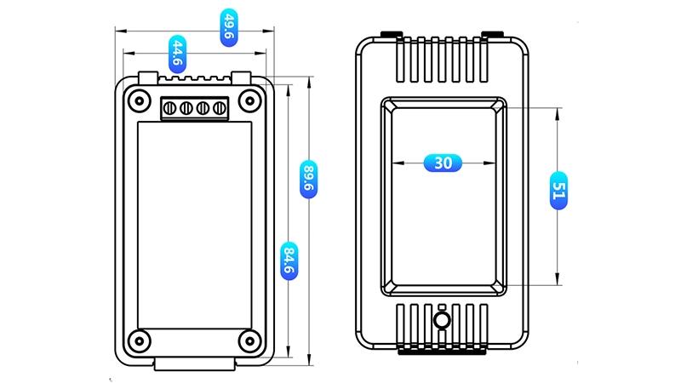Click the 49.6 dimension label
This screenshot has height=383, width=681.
coord(229,27)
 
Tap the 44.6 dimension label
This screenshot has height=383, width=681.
coord(177,54)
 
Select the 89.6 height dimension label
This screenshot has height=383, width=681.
coord(308,180)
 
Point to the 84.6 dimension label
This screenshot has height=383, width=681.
coord(289,260)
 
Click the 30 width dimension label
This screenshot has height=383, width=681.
coord(443,163)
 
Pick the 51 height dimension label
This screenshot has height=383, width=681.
coord(558,191)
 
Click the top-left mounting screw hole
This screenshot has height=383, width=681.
coord(140,101)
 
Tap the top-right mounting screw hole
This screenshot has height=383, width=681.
coord(249,101)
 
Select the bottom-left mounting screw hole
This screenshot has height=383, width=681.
coord(140,340)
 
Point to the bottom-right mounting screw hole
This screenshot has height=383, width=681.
coord(249,340)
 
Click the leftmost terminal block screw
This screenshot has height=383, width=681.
coord(169,108)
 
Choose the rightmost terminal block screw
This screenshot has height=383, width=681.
coord(220,108)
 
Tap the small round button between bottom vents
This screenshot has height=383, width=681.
coord(442,321)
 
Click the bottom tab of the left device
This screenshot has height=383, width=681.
coord(195,364)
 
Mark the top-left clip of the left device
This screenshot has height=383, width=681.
coord(147,78)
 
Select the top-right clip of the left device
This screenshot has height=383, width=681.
coord(241,78)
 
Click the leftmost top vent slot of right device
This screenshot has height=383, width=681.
coord(401,60)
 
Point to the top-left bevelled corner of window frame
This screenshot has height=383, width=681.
coord(387,103)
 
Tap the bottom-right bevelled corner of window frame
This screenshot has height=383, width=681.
coord(501,289)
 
